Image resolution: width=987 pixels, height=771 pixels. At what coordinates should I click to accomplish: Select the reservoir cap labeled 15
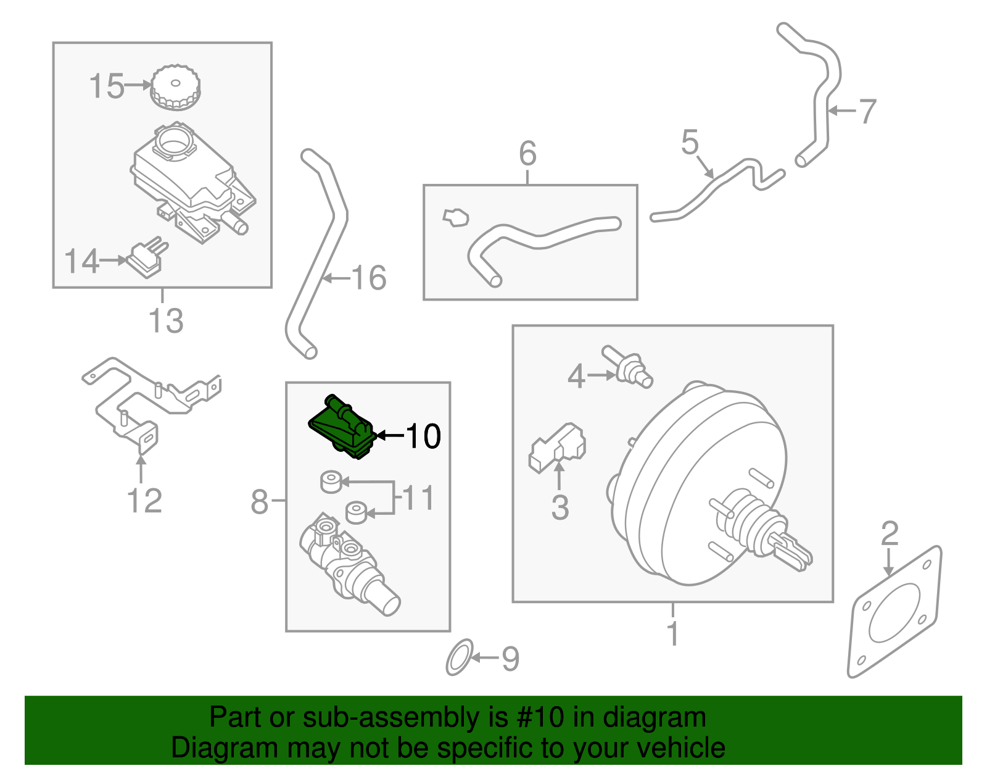(175, 87)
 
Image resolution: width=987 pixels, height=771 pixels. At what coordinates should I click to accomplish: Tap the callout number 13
(166, 321)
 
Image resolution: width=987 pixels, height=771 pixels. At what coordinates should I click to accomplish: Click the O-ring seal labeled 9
(459, 657)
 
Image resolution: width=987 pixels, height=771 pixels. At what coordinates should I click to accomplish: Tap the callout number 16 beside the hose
(369, 278)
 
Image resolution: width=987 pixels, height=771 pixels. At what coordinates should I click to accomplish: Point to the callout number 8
(260, 501)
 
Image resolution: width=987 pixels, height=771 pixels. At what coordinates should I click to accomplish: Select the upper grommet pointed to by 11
(331, 481)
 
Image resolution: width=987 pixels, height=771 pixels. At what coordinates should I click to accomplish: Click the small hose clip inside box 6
(456, 217)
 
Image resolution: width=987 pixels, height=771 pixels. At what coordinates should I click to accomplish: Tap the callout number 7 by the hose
(867, 111)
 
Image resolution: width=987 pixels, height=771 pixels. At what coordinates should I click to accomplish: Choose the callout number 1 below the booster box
(673, 633)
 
